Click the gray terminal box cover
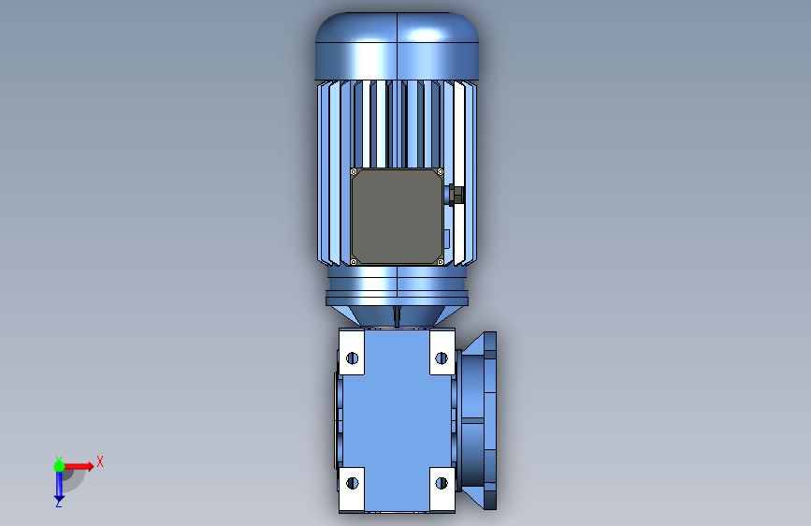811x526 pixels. pos(397,216)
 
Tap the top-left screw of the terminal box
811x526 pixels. pos(354,172)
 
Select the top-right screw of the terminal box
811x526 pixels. pos(441,172)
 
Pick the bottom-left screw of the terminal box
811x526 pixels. pos(354,262)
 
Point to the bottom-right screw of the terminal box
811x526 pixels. pos(441,262)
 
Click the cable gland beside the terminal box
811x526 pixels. pos(455,195)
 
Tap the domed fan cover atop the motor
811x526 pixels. pos(397,46)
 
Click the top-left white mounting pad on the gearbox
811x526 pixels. pos(352,352)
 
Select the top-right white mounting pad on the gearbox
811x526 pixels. pos(442,352)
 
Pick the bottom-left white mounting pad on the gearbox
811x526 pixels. pos(352,489)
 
